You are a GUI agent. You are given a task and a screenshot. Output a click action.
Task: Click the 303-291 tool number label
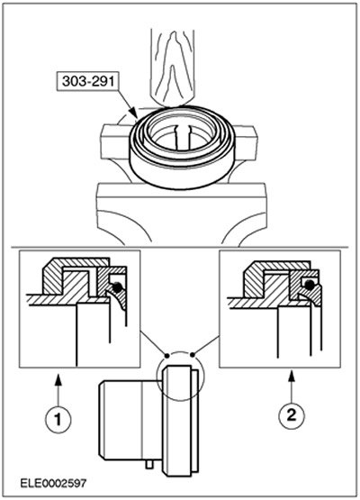point(88,81)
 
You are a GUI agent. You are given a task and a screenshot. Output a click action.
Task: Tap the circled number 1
point(58,419)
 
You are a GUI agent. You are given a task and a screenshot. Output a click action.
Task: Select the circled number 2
point(292,415)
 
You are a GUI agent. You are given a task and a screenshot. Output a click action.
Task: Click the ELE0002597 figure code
point(53,483)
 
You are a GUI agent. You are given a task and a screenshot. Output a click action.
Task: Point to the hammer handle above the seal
point(173,67)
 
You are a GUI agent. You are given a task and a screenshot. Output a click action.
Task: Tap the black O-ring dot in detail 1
point(117,286)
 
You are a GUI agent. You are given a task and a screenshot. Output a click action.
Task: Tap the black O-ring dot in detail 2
point(309,285)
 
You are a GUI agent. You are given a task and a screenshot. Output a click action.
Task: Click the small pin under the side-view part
point(148,464)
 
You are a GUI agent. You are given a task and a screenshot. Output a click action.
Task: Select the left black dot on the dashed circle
point(166,356)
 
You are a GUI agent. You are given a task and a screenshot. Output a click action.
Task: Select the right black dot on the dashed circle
point(193,354)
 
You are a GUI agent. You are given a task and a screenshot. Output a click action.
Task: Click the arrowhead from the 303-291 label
point(135,114)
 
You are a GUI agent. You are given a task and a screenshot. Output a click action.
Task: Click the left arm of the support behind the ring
point(115,141)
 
